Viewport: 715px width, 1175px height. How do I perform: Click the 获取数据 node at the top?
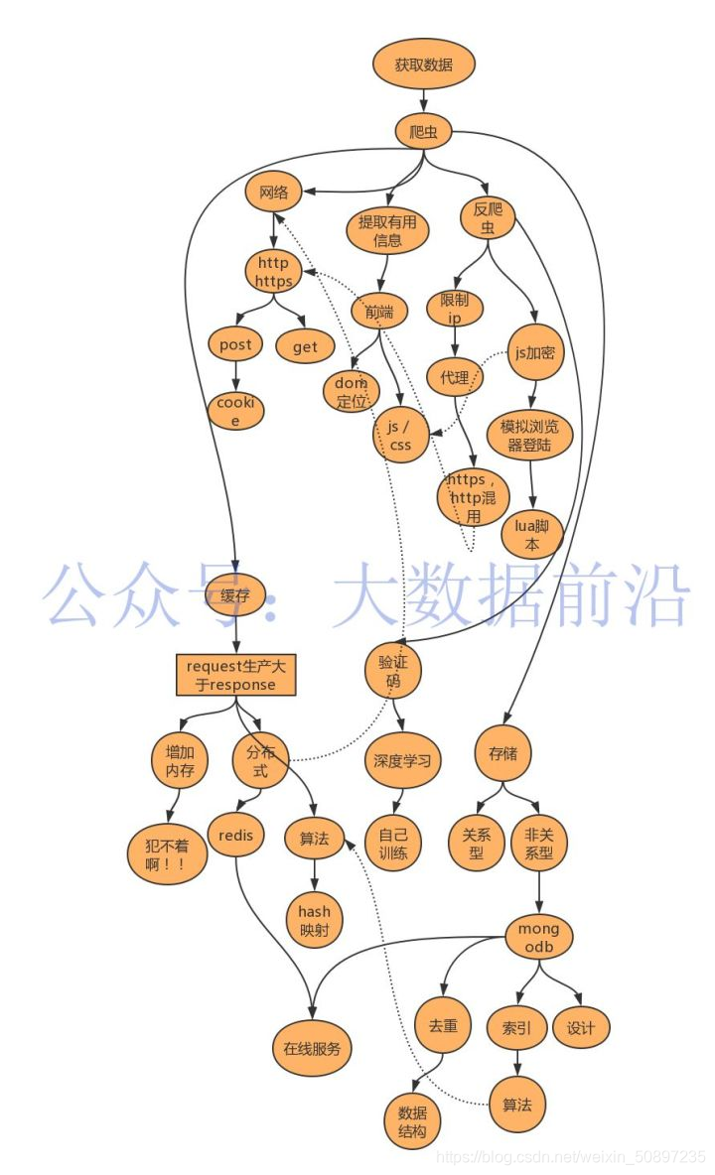pyautogui.click(x=424, y=65)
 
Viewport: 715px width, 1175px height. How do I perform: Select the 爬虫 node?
pyautogui.click(x=424, y=131)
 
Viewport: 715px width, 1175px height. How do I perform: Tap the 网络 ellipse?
pyautogui.click(x=273, y=193)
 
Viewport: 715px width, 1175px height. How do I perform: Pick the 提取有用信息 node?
pyautogui.click(x=387, y=229)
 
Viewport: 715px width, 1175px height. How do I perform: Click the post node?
pyautogui.click(x=235, y=345)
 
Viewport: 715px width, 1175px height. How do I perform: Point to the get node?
pyautogui.click(x=305, y=346)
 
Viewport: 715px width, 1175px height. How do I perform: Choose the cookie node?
pyautogui.click(x=236, y=411)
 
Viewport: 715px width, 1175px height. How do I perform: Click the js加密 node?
pyautogui.click(x=535, y=353)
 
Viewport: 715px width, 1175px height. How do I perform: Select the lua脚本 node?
pyautogui.click(x=532, y=535)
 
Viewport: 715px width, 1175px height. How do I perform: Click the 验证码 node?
pyautogui.click(x=393, y=671)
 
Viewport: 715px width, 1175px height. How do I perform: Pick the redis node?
pyautogui.click(x=235, y=836)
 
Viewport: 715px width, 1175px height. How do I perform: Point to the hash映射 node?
pyautogui.click(x=315, y=920)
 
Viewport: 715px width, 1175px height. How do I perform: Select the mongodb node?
pyautogui.click(x=539, y=939)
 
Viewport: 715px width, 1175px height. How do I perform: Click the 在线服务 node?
pyautogui.click(x=312, y=1048)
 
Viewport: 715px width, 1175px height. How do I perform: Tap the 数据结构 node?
pyautogui.click(x=411, y=1120)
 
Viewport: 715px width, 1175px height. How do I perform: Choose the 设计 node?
pyautogui.click(x=581, y=1028)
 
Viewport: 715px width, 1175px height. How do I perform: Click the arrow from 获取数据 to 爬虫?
pyautogui.click(x=424, y=100)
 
